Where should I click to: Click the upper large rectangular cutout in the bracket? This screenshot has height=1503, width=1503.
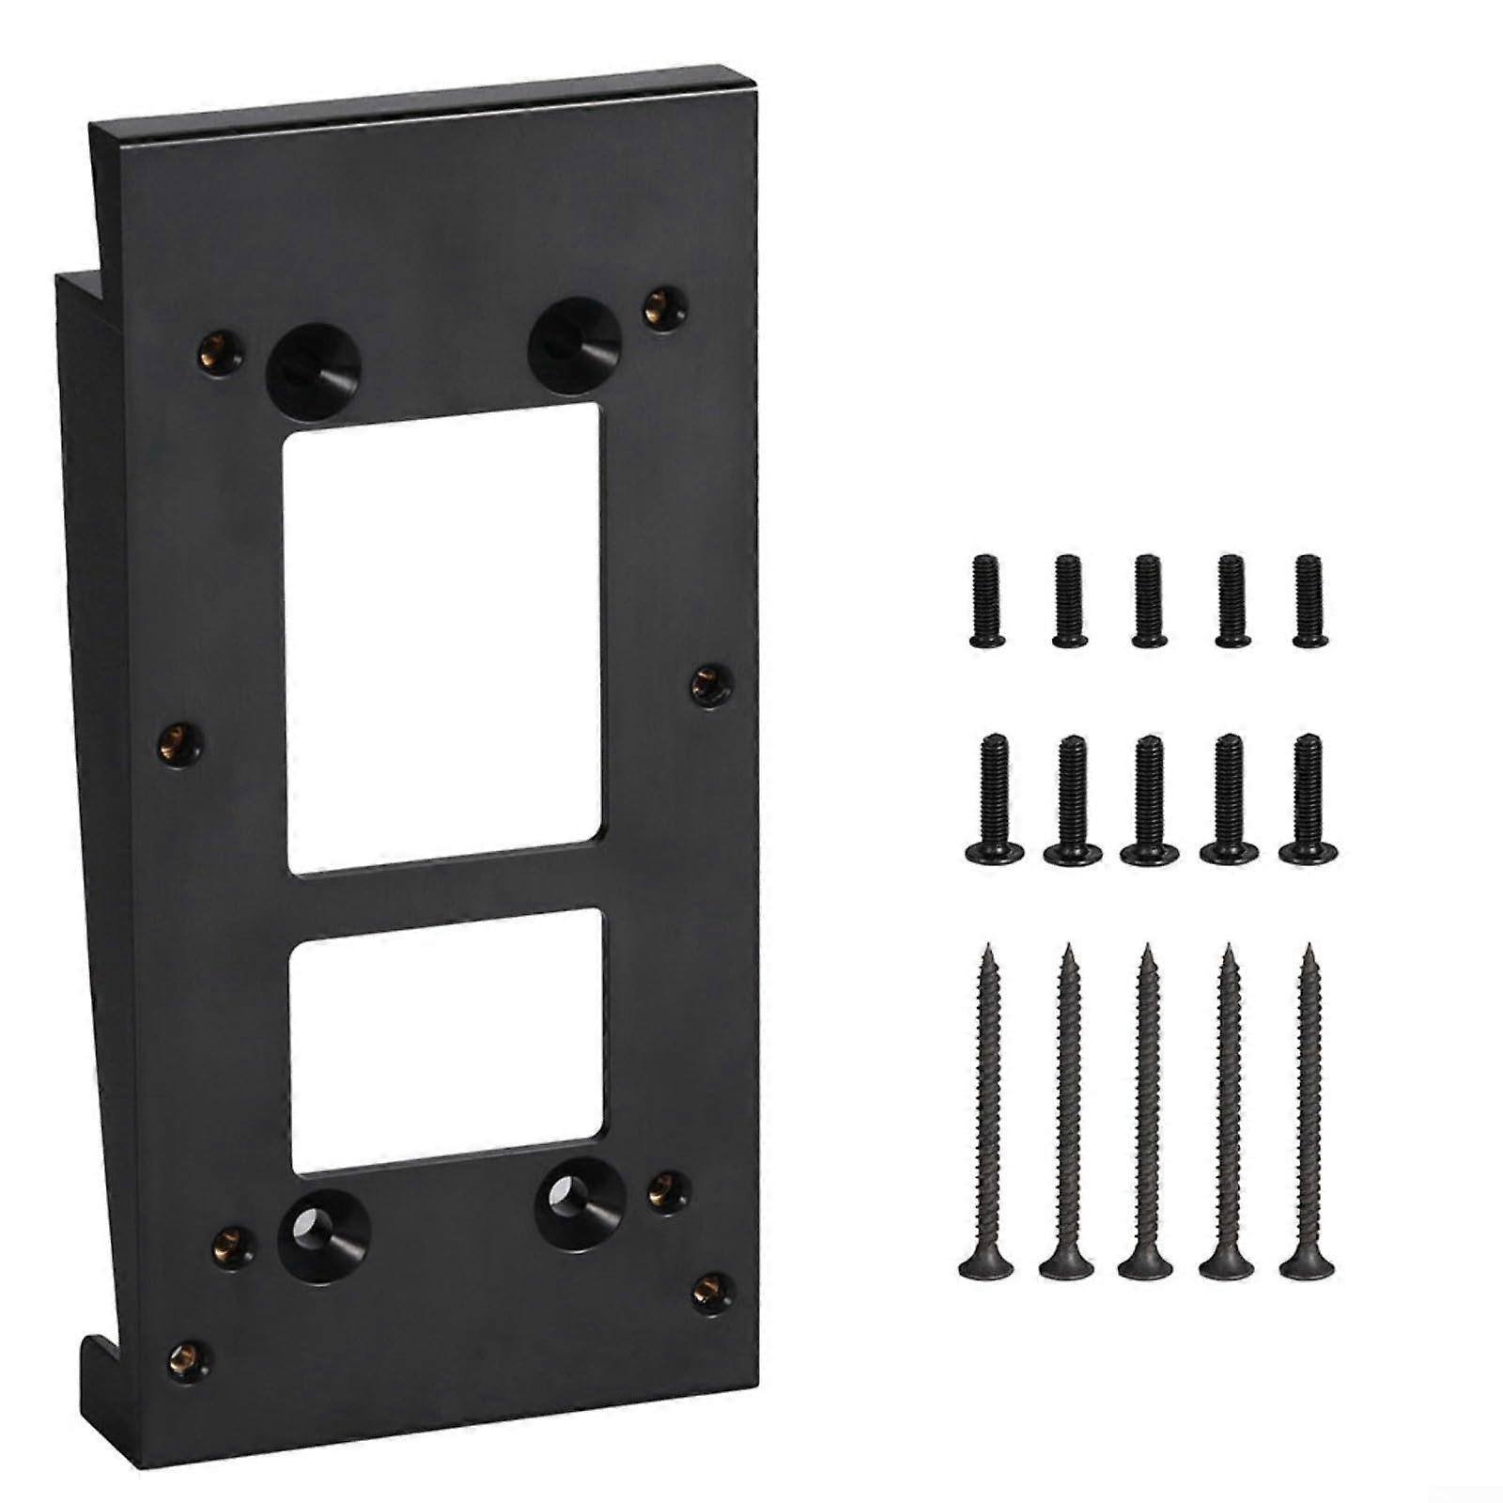(x=442, y=639)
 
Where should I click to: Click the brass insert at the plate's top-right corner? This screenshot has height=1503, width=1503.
(x=665, y=307)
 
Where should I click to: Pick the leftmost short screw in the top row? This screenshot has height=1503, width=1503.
(x=987, y=602)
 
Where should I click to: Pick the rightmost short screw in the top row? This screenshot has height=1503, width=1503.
(x=1309, y=602)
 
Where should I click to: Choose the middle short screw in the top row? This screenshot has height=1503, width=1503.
(x=1148, y=602)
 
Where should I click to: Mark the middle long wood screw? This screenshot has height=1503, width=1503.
(x=1147, y=1108)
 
